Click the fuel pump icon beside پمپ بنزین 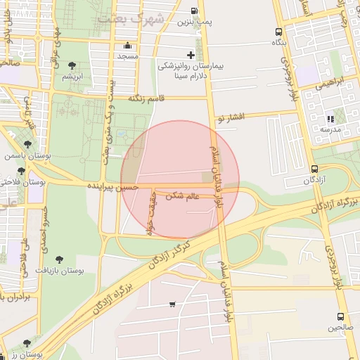(x=194, y=11)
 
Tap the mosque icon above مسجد (x=127, y=46)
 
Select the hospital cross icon (x=191, y=55)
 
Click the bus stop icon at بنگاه (x=279, y=32)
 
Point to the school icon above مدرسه (x=330, y=119)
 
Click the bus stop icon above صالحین (x=340, y=316)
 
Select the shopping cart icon (x=172, y=304)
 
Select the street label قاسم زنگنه (x=146, y=100)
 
